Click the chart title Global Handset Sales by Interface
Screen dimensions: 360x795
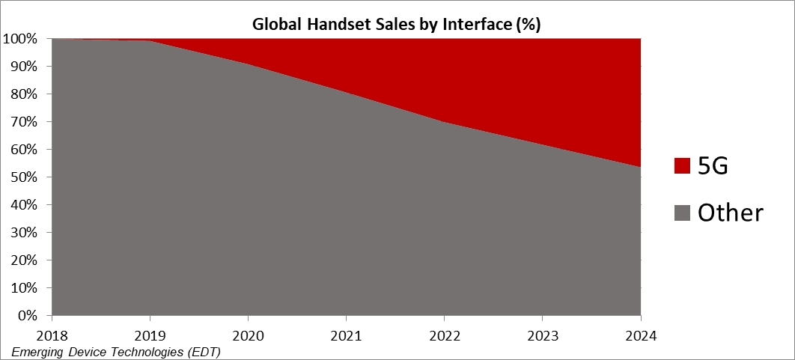coord(396,24)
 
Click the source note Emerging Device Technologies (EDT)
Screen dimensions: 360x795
coord(116,350)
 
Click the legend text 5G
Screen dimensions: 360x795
coord(713,166)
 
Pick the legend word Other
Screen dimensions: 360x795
coord(730,213)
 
